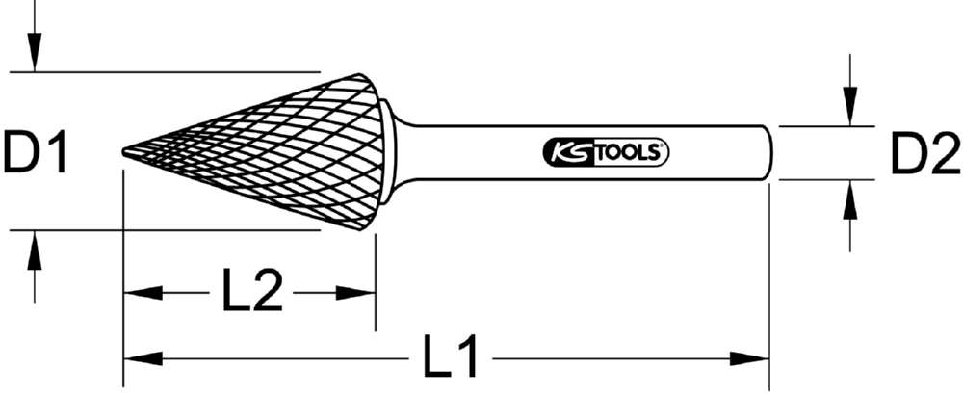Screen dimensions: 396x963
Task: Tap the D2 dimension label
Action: tap(923, 154)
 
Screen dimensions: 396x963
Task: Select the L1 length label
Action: tap(453, 358)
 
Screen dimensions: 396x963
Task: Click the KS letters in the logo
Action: tap(566, 152)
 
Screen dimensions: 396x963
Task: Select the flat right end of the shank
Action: tap(769, 152)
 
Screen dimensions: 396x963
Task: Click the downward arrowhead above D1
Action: tap(34, 58)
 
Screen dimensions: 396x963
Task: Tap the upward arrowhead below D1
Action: tap(34, 245)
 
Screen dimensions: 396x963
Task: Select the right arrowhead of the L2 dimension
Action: tap(360, 292)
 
